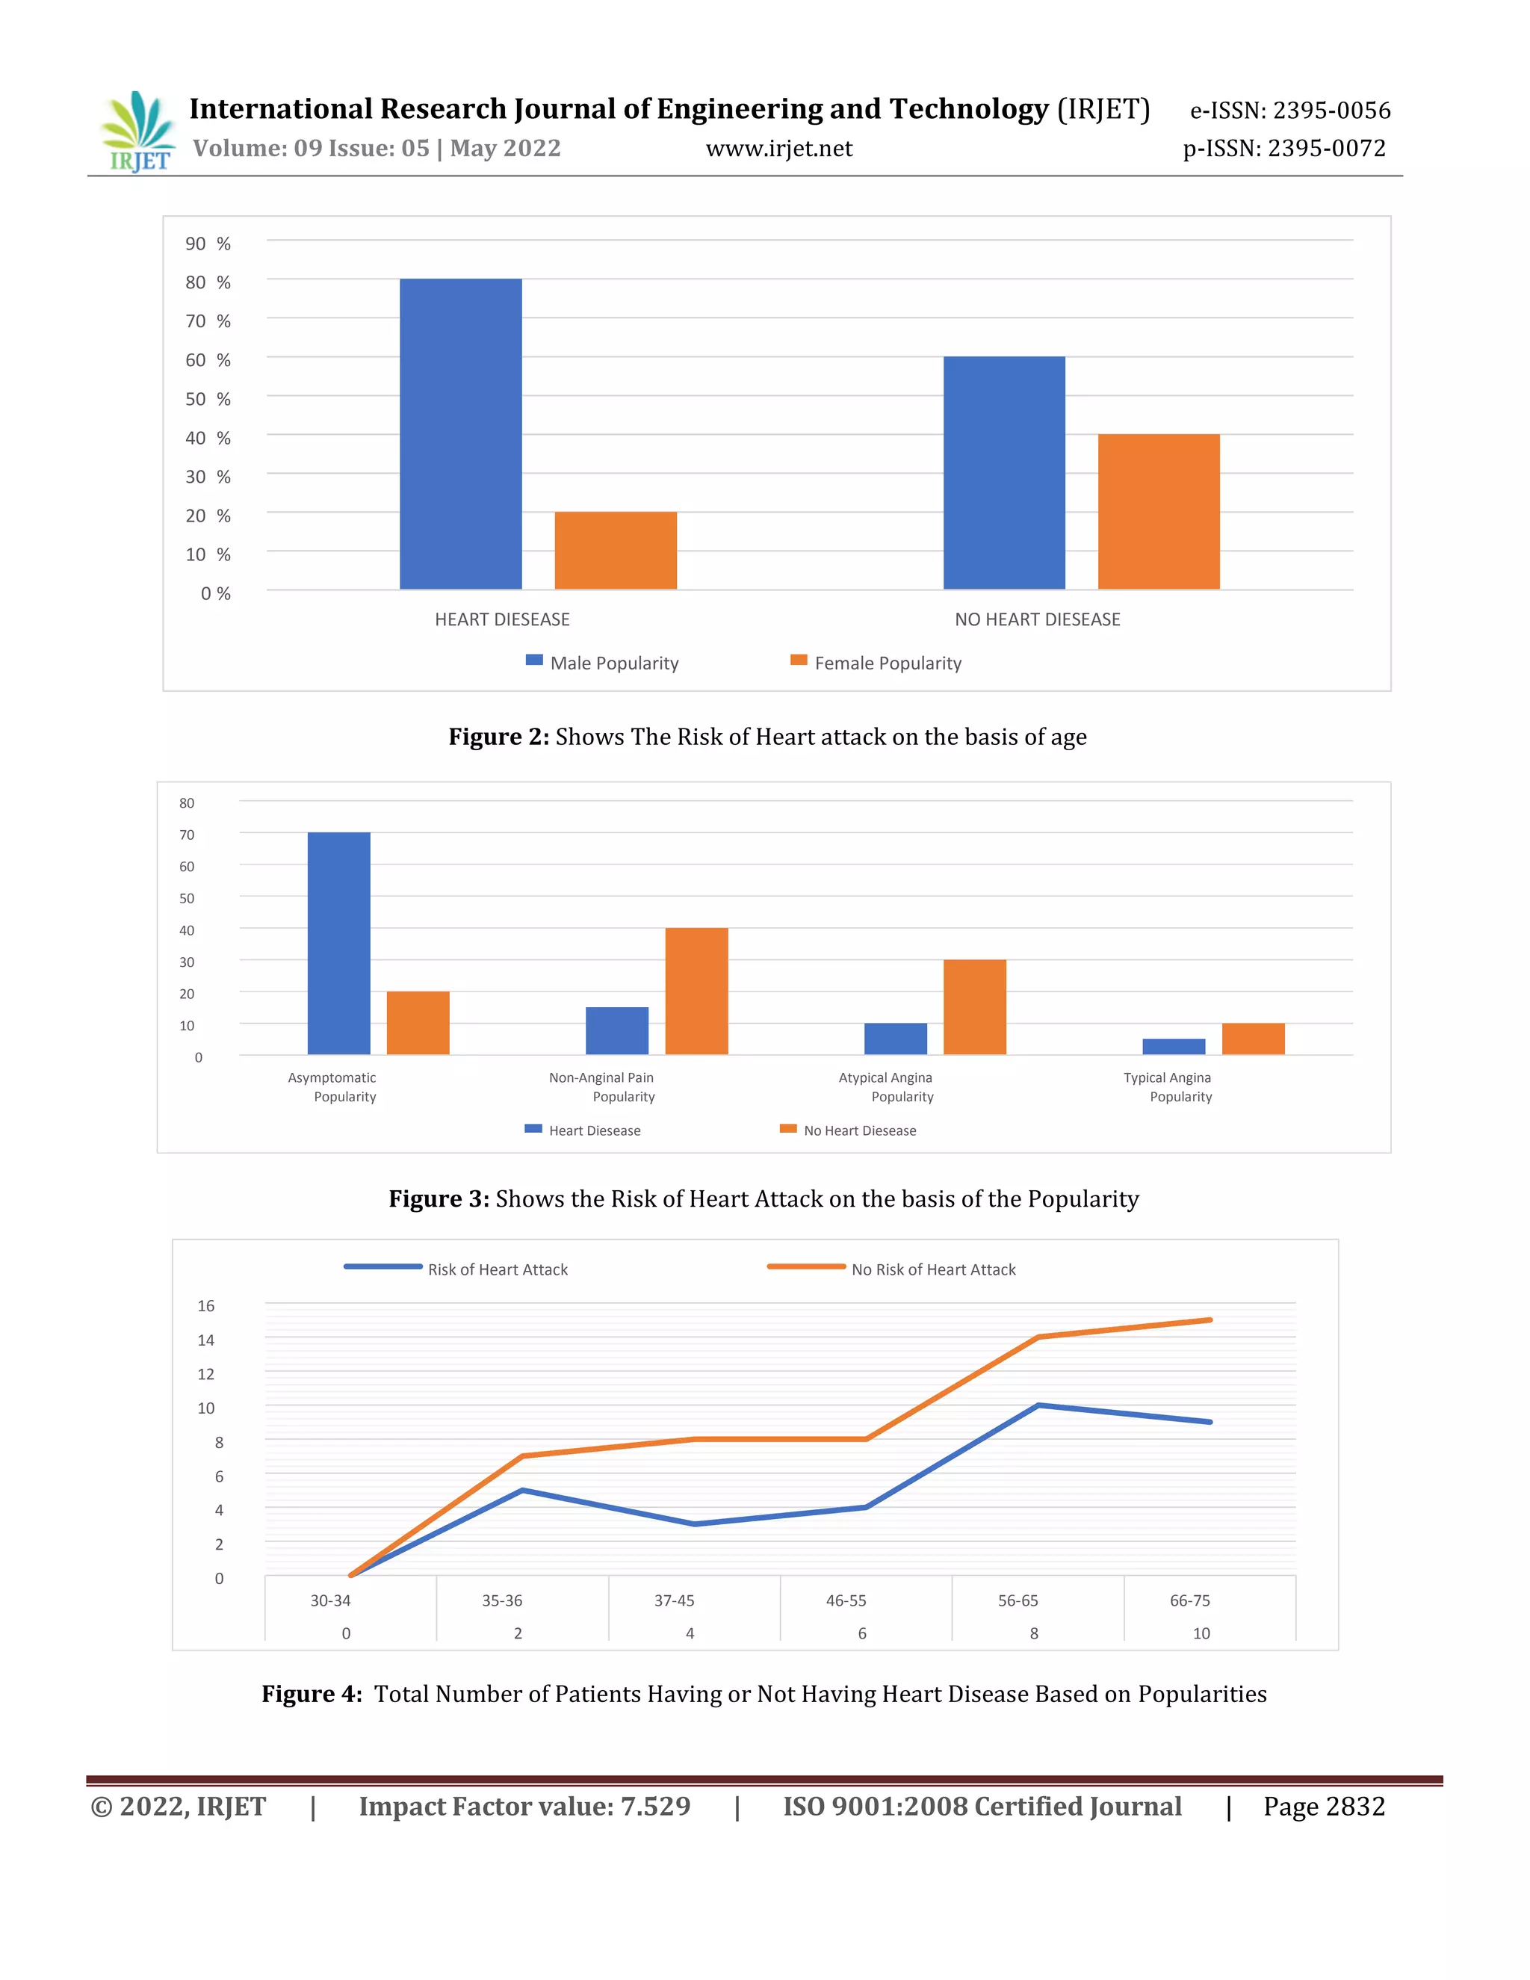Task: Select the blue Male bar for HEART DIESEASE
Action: tap(460, 434)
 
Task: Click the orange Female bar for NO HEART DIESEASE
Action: tap(1159, 513)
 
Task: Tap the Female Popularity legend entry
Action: tap(876, 663)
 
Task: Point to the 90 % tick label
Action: tap(208, 244)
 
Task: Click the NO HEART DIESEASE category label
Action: tap(1037, 619)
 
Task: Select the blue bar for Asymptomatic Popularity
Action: tap(339, 943)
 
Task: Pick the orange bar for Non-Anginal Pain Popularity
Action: tap(696, 991)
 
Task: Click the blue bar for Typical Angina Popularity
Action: tap(1173, 1046)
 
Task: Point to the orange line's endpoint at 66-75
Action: tap(1210, 1320)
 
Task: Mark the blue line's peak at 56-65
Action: tap(1038, 1405)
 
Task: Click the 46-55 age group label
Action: tap(846, 1600)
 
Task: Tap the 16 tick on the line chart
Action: tap(205, 1305)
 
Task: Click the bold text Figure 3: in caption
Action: tap(439, 1198)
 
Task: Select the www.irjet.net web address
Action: tap(778, 149)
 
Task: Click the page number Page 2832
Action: tap(1323, 1807)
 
